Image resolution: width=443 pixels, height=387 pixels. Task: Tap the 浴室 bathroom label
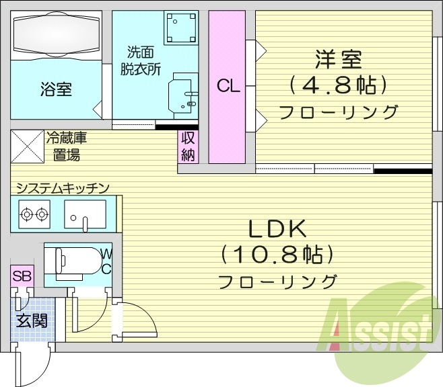[x=55, y=89]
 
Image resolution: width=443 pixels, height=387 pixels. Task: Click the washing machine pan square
[x=180, y=28]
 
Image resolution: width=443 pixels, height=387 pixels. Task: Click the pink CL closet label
[x=226, y=86]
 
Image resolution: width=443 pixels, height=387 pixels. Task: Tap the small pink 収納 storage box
[x=188, y=146]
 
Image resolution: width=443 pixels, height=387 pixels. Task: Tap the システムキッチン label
[x=63, y=188]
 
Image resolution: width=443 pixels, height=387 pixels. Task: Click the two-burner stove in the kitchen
[x=34, y=215]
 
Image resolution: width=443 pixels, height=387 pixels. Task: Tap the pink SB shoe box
[x=22, y=276]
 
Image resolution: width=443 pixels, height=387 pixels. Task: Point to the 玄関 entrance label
[x=31, y=320]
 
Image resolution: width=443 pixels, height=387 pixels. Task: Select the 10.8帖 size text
[x=277, y=255]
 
